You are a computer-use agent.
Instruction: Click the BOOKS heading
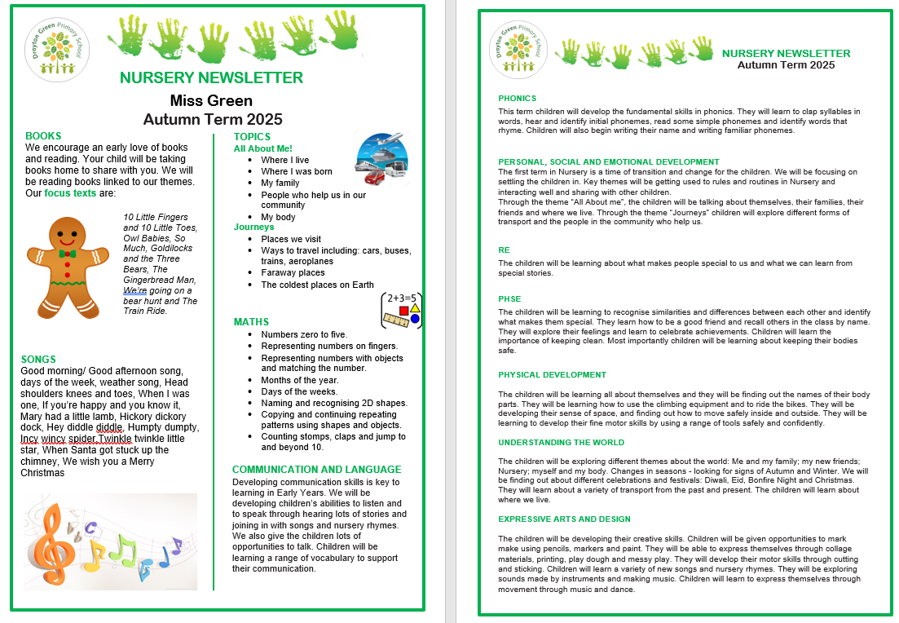point(43,136)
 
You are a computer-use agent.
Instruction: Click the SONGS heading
point(38,360)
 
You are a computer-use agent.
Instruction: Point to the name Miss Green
point(211,100)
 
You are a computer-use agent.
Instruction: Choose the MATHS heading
point(251,322)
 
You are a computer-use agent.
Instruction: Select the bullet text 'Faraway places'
point(293,273)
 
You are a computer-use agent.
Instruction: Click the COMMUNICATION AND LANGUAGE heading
point(316,470)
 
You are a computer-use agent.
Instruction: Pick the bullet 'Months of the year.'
point(299,380)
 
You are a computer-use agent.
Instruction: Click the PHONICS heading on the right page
point(517,99)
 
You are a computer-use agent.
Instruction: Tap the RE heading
point(504,250)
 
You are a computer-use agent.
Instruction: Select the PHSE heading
point(509,299)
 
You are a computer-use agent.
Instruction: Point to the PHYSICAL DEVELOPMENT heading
point(552,375)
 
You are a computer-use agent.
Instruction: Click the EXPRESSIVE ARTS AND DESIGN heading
point(564,519)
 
